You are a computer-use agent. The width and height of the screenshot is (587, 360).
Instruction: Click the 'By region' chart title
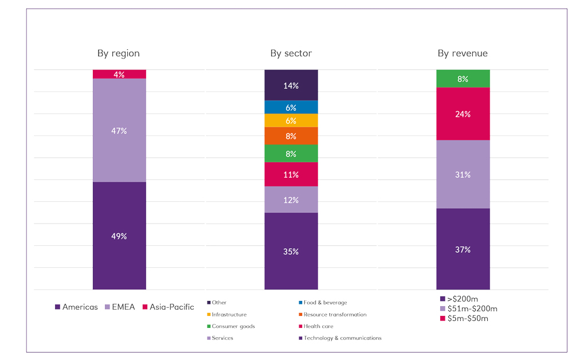tap(119, 53)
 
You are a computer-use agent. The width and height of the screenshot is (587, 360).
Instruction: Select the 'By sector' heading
tap(291, 53)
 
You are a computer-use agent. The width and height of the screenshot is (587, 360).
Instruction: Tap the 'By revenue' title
tap(463, 53)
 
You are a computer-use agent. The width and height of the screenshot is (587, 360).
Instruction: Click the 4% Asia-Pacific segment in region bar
tap(119, 74)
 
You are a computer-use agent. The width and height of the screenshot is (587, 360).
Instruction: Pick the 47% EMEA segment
tap(119, 130)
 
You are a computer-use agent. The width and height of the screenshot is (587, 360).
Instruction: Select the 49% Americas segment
tap(119, 236)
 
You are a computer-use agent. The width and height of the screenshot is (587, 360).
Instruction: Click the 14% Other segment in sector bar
tap(291, 85)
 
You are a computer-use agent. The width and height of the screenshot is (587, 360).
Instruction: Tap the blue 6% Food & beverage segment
tap(291, 107)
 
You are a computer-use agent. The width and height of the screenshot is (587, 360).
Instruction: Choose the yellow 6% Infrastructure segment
tap(291, 120)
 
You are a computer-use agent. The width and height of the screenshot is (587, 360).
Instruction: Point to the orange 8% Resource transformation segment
tap(291, 136)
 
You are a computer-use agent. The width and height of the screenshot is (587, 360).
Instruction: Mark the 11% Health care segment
tap(291, 174)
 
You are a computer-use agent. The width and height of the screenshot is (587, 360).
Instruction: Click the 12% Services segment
tap(291, 199)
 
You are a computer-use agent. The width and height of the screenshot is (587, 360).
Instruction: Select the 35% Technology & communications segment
tap(291, 251)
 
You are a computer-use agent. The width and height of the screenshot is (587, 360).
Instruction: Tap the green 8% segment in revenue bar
tap(463, 79)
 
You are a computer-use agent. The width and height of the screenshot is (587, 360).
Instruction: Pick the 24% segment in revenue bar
tap(463, 114)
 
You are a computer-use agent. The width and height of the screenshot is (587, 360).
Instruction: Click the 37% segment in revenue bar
tap(463, 249)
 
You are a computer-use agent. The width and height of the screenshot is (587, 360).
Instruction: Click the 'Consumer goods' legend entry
tap(233, 326)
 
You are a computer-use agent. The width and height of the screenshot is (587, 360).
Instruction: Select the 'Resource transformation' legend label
tap(335, 315)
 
